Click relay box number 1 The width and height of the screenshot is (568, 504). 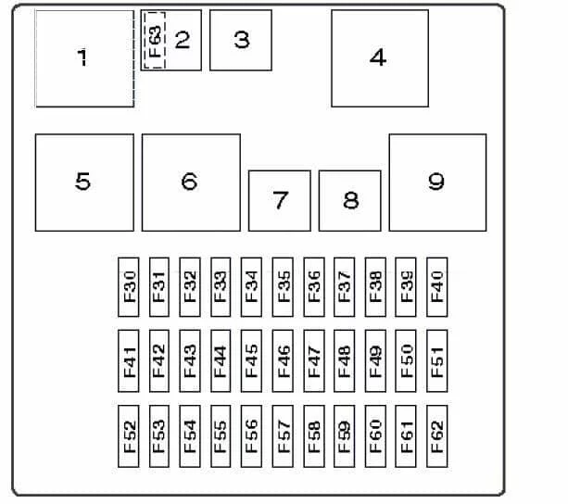click(x=84, y=58)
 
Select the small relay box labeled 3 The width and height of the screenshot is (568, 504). click(x=241, y=40)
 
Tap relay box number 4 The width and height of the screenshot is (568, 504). click(x=380, y=58)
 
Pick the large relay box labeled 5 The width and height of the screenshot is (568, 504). click(x=84, y=183)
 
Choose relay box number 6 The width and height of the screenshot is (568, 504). click(x=191, y=183)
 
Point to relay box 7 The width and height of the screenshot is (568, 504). click(x=280, y=201)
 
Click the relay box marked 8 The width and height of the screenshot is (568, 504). click(x=350, y=201)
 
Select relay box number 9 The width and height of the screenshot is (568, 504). click(x=438, y=183)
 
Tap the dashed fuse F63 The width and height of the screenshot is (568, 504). click(x=155, y=40)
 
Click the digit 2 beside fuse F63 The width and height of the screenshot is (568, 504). click(x=183, y=40)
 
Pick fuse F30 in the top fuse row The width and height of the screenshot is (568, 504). click(x=129, y=287)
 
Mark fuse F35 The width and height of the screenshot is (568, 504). click(x=283, y=287)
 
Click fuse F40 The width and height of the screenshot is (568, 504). click(x=437, y=287)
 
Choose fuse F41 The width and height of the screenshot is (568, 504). click(x=129, y=361)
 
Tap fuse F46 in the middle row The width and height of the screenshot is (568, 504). click(x=283, y=361)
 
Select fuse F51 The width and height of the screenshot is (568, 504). click(x=437, y=361)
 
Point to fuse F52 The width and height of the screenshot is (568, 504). click(x=129, y=436)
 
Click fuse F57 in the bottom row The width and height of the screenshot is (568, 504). click(x=283, y=436)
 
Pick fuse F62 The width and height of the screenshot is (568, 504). click(x=437, y=436)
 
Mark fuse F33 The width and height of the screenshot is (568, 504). click(x=221, y=287)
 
